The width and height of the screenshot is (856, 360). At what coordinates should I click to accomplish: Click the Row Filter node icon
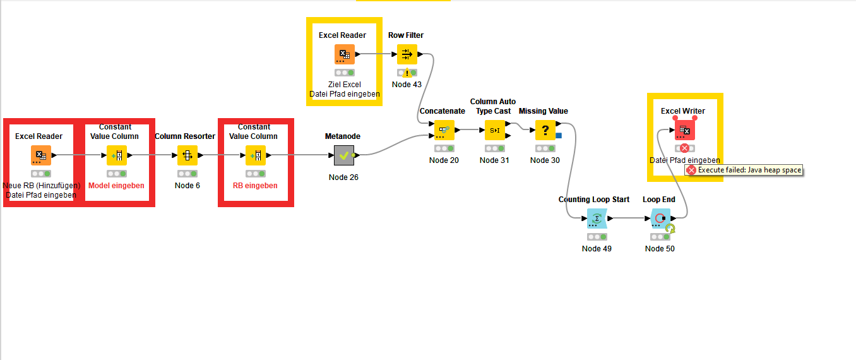pos(407,55)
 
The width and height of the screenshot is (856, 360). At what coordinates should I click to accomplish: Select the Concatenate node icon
pos(444,130)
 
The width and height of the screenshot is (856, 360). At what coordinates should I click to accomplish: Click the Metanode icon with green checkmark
pos(343,155)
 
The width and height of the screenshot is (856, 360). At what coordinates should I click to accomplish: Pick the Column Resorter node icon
pos(187,155)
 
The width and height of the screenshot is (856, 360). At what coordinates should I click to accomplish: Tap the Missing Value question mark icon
pos(545,130)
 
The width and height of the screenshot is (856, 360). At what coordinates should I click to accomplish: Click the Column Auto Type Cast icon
pos(494,130)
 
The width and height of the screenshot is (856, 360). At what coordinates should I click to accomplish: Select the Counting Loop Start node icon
pos(597,219)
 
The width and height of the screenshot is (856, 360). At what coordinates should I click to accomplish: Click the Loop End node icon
pos(660,219)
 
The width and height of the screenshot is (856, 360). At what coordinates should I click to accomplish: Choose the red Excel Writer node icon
pos(684,130)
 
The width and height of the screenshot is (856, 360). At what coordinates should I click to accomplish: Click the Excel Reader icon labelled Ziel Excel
pos(344,55)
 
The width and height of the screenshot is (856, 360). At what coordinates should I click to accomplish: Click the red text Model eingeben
pos(116,186)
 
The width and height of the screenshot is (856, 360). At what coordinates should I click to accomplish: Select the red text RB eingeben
pos(255,186)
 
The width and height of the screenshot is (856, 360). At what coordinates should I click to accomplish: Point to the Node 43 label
pos(407,85)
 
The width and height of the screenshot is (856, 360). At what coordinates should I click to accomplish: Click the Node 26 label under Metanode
pos(343,177)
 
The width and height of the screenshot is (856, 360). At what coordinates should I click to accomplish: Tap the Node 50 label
pos(660,249)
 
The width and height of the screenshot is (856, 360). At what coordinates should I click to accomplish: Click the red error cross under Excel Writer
pos(684,148)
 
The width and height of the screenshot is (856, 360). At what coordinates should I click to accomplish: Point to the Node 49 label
pos(597,249)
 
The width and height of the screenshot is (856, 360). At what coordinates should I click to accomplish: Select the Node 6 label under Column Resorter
pos(187,186)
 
